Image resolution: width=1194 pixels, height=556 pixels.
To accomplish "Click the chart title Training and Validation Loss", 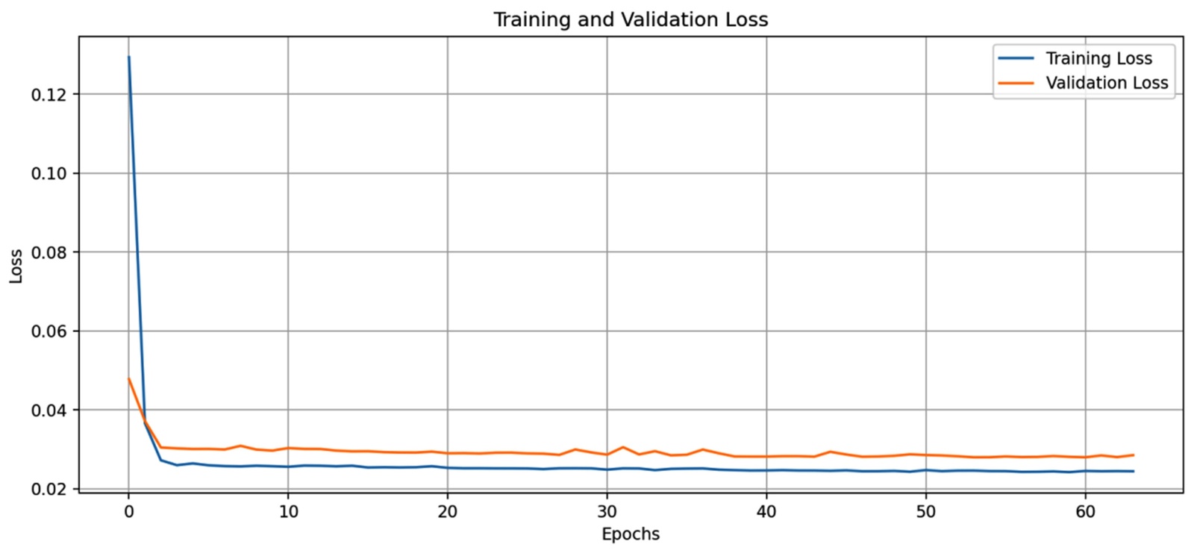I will pos(631,19).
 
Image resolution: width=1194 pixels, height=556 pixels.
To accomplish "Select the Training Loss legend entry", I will pos(1098,58).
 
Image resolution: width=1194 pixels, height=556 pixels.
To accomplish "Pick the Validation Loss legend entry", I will pos(1107,83).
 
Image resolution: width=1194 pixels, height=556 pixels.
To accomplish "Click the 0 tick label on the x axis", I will pos(129,511).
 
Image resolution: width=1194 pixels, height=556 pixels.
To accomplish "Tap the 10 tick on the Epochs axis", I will pos(288,511).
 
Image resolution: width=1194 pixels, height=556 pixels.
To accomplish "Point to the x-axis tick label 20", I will pos(448,511).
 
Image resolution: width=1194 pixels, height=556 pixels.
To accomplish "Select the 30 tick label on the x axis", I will pos(607,511).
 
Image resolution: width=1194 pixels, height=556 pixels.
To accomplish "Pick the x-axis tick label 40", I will pos(766,511).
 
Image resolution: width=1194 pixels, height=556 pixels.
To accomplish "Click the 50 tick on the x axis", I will pos(926,511).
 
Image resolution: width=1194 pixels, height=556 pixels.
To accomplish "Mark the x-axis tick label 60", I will pos(1085,511).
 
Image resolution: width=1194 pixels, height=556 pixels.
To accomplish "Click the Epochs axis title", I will pos(631,534).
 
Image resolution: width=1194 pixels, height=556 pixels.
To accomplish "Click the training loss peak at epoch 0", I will pos(129,57).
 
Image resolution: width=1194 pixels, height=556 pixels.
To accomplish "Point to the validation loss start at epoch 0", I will pos(129,378).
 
